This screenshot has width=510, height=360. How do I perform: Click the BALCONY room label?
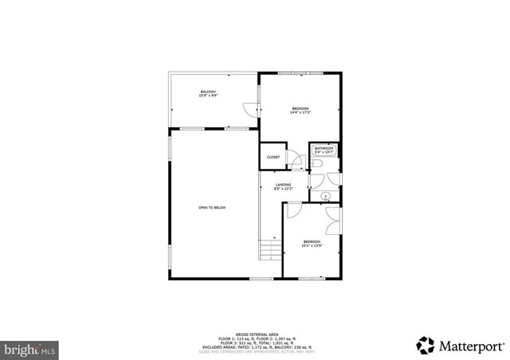coord(208,92)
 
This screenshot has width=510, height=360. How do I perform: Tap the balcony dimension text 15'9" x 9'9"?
coord(208,96)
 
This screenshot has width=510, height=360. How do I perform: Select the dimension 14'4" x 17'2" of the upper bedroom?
coord(300,112)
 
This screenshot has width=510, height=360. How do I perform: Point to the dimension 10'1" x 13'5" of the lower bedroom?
coord(311,246)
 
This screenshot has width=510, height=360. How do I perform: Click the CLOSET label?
coord(273,157)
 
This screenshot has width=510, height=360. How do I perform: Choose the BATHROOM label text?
coord(324,148)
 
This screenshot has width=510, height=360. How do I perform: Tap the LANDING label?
coord(284,185)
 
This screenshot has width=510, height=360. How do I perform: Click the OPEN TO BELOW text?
coord(212,208)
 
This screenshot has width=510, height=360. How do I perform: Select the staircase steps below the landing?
coord(271,252)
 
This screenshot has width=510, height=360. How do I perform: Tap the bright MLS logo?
coord(30,348)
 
